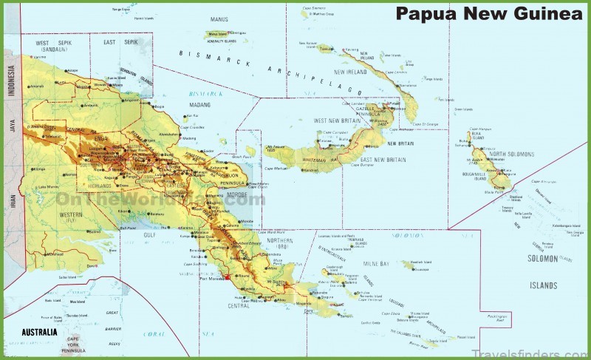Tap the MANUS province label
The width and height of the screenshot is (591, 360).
coord(219,20)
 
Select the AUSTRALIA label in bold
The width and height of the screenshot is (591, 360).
coord(39,332)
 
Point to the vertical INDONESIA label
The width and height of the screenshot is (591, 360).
coord(11,81)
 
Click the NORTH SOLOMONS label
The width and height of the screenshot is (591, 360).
coord(510,154)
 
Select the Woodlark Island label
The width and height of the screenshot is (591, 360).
coord(420,262)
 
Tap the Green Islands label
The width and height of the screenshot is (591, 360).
coord(463,109)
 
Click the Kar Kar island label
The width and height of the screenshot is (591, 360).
coord(193,115)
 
